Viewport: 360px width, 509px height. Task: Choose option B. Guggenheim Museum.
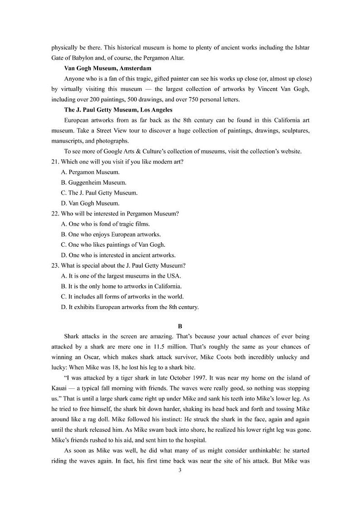(94, 182)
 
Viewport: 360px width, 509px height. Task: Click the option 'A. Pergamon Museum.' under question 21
(90, 172)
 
